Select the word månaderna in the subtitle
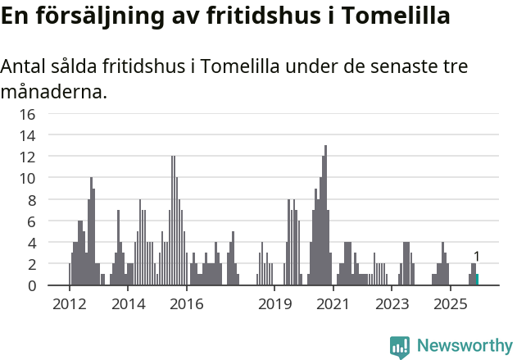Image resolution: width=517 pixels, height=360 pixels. tap(53, 92)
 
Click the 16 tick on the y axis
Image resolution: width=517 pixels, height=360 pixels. tap(27, 114)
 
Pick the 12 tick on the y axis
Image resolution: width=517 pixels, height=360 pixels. tap(27, 157)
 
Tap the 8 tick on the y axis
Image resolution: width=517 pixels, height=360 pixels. tap(31, 200)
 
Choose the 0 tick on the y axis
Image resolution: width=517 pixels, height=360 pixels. tap(31, 286)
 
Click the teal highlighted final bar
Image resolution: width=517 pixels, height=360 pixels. tap(477, 280)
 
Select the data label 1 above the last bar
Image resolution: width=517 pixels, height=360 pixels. tap(477, 257)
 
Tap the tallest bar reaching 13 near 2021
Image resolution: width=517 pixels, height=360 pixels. tap(325, 217)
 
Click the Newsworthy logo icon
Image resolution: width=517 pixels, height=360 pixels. tap(400, 346)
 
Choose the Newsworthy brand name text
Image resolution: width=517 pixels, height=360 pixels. tap(464, 346)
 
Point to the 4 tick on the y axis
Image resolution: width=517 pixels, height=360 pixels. tap(31, 243)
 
